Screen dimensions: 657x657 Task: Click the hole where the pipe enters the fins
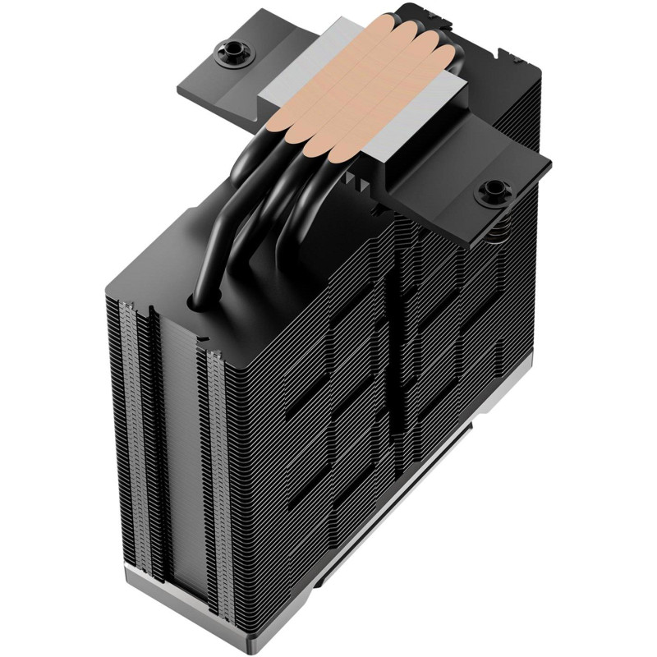click(x=200, y=304)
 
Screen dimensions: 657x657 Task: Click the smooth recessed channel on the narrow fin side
click(x=176, y=460)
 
